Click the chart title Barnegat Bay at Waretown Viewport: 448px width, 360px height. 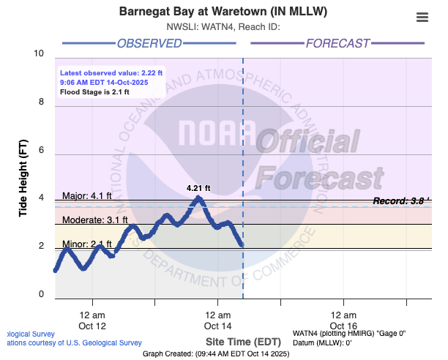pyautogui.click(x=223, y=12)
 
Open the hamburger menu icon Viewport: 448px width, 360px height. pyautogui.click(x=422, y=18)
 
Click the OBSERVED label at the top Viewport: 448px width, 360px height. pyautogui.click(x=149, y=44)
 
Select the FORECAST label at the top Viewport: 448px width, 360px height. pyautogui.click(x=337, y=44)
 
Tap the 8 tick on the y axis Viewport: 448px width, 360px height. pyautogui.click(x=42, y=102)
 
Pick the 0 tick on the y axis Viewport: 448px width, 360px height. pyautogui.click(x=42, y=295)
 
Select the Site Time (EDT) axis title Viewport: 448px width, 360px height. pyautogui.click(x=242, y=342)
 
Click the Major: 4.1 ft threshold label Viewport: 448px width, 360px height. pyautogui.click(x=87, y=195)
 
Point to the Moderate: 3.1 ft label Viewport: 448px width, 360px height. pyautogui.click(x=94, y=220)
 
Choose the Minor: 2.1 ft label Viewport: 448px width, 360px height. pyautogui.click(x=87, y=244)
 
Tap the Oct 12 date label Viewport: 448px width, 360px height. pyautogui.click(x=93, y=326)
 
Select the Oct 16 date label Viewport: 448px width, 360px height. pyautogui.click(x=343, y=326)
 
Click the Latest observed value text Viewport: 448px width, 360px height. pyautogui.click(x=111, y=73)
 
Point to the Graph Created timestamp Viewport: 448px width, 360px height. pyautogui.click(x=216, y=354)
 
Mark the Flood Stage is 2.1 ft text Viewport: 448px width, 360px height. pyautogui.click(x=94, y=92)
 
